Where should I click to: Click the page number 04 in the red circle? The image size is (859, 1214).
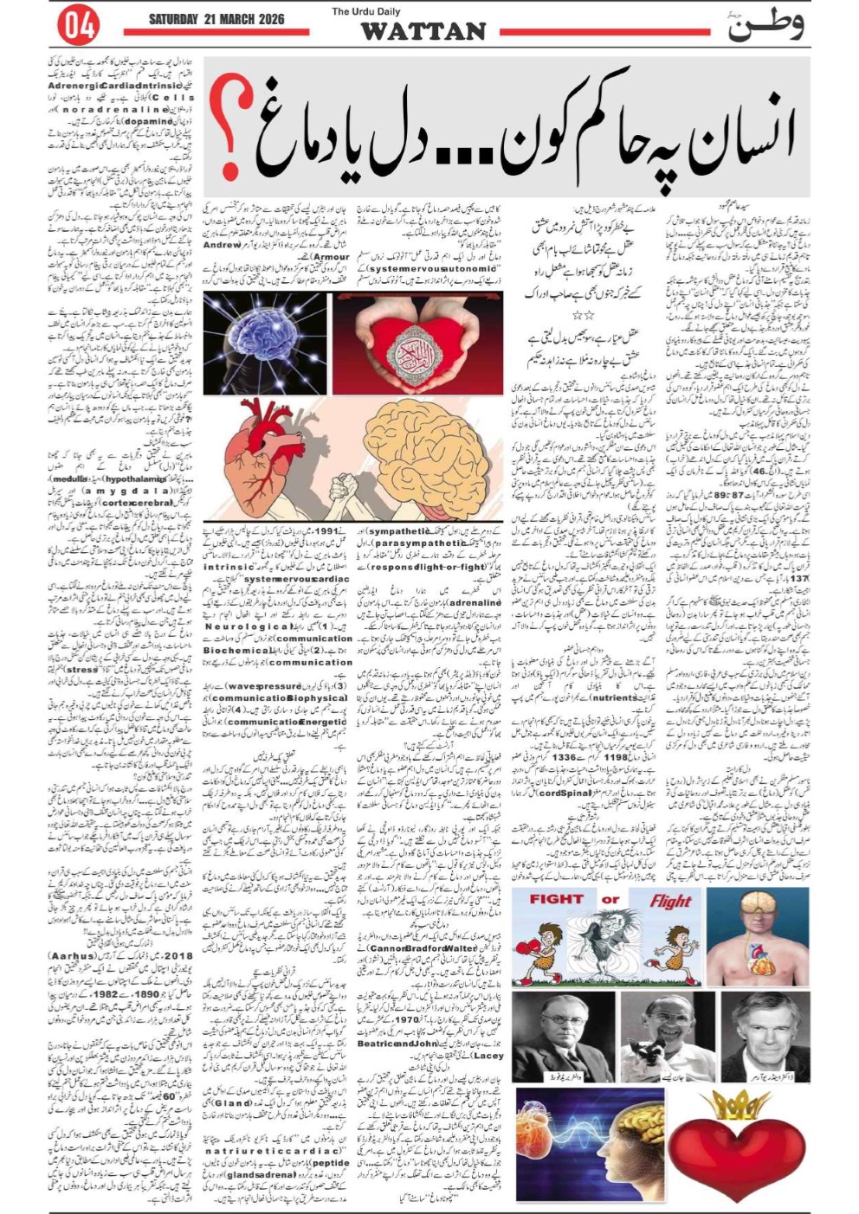tap(77, 27)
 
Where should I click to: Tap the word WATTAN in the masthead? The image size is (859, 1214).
tap(423, 32)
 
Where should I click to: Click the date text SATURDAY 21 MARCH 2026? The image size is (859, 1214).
tap(216, 18)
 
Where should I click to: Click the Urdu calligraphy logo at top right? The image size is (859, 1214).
tap(765, 23)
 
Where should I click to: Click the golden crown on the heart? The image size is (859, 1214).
tap(733, 1105)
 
